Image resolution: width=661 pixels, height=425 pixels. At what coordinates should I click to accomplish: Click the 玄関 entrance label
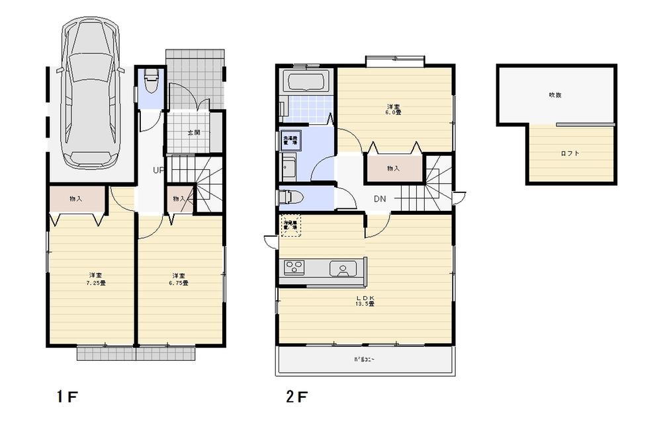pos(194,133)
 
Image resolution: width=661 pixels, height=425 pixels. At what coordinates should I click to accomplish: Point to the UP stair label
pos(159,170)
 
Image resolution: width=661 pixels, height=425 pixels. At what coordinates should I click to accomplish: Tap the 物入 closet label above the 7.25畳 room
pos(76,199)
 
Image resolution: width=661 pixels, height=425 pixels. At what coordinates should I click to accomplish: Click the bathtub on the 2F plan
pos(305,82)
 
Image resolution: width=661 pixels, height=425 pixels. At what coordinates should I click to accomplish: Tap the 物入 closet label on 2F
pos(393,169)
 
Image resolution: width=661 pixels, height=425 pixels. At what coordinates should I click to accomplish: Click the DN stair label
pos(380,199)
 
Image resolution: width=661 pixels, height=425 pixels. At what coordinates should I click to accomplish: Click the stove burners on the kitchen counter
pos(294,268)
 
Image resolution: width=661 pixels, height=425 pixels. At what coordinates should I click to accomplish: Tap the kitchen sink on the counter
pos(343,269)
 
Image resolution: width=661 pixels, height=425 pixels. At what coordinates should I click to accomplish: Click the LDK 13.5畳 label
pos(366,301)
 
